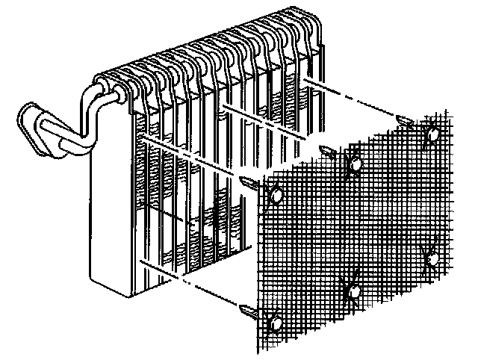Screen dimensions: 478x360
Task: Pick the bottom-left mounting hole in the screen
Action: click(276, 323)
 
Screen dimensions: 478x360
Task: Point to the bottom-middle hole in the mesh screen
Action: click(354, 290)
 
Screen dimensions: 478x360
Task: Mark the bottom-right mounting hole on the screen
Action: click(431, 258)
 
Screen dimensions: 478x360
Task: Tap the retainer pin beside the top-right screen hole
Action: click(406, 120)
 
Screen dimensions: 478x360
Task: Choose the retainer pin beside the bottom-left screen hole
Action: click(249, 309)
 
